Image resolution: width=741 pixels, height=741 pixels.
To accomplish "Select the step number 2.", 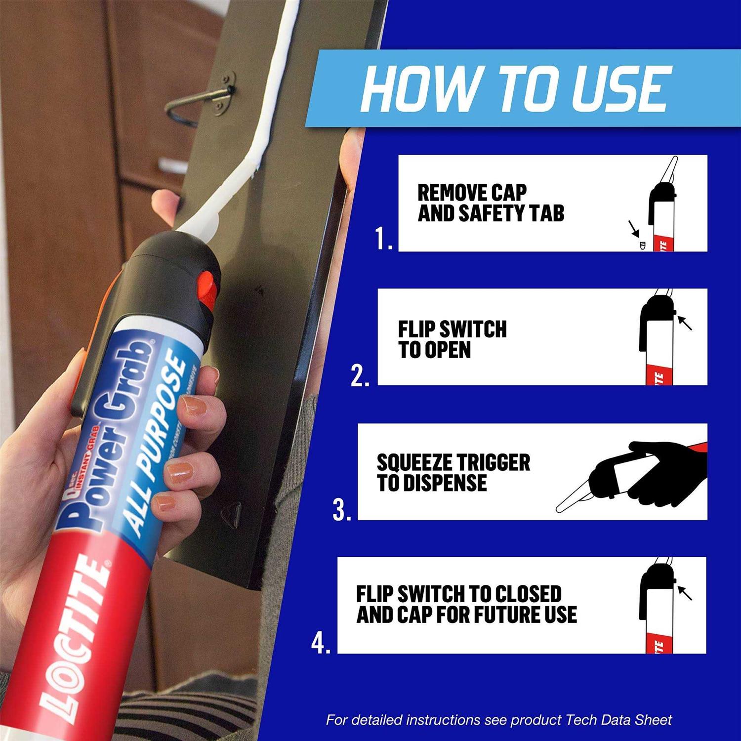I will [360, 376].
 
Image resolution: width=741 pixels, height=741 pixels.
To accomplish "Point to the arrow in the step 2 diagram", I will [685, 323].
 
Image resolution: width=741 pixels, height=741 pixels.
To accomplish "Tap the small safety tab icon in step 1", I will [642, 245].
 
